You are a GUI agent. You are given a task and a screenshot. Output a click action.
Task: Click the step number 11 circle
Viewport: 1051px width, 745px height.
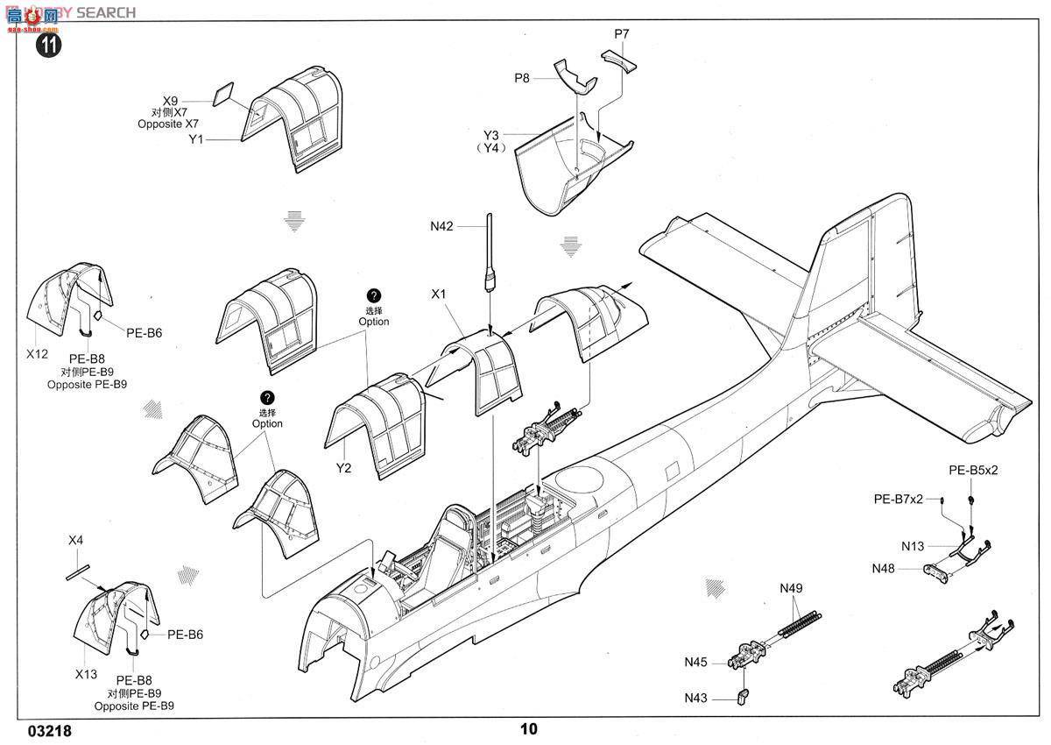point(49,46)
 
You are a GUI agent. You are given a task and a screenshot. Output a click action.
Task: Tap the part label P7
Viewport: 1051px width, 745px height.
point(622,34)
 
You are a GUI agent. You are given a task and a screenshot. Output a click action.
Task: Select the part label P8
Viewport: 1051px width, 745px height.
point(522,78)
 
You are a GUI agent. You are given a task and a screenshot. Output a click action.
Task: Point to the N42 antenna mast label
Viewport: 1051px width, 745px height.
point(442,226)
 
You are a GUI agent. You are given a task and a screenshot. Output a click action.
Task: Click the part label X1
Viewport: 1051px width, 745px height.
point(439,294)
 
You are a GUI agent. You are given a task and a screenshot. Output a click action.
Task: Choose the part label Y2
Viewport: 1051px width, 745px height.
point(343,468)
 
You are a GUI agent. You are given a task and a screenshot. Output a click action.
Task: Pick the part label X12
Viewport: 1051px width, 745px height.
point(37,353)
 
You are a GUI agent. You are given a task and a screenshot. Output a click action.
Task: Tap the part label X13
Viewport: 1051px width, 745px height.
point(85,675)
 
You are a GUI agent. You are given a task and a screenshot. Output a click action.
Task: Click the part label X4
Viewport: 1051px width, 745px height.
point(75,540)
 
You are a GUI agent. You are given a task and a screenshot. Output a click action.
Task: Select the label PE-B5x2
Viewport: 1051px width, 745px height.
point(973,470)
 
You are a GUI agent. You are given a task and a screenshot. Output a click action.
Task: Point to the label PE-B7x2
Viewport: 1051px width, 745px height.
point(898,499)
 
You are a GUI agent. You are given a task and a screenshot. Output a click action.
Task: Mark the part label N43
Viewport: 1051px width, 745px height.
point(697,698)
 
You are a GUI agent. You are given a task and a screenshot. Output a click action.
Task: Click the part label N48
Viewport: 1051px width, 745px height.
point(884,568)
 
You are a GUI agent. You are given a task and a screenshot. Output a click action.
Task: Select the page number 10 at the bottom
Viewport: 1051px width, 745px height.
point(528,728)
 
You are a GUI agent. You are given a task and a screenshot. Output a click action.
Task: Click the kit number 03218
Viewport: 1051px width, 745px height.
point(50,729)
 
